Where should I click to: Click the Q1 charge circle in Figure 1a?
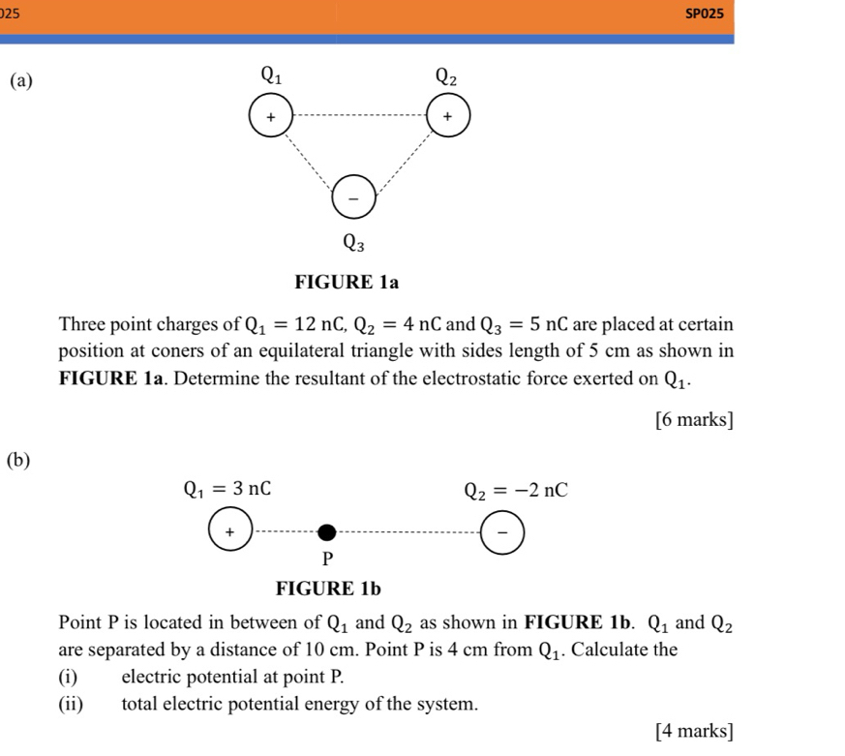click(x=271, y=116)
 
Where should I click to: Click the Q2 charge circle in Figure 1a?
click(x=448, y=115)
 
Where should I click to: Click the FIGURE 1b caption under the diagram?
click(x=329, y=588)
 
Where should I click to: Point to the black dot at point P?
click(x=327, y=531)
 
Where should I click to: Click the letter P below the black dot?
click(x=327, y=559)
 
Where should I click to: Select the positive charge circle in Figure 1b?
click(x=229, y=531)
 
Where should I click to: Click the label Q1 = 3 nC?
click(x=228, y=489)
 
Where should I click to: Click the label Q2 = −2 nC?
click(x=515, y=490)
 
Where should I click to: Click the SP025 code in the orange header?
click(x=704, y=14)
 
